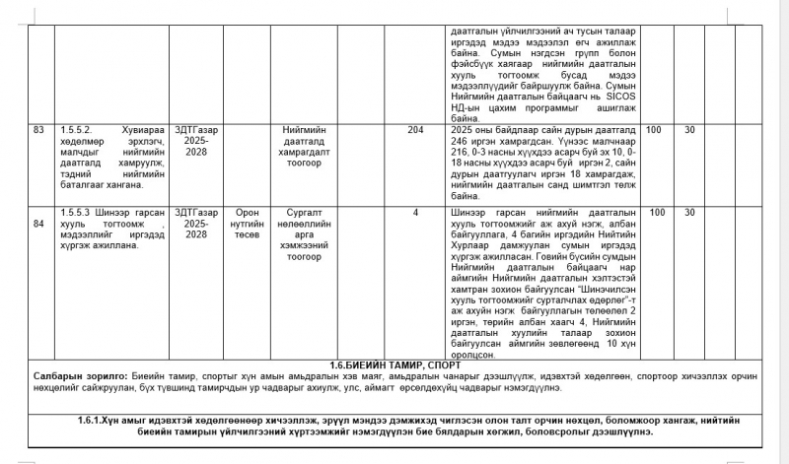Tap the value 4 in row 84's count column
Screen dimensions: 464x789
pos(415,212)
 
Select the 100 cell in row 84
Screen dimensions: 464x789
pos(654,212)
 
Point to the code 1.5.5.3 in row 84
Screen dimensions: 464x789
pos(78,212)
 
